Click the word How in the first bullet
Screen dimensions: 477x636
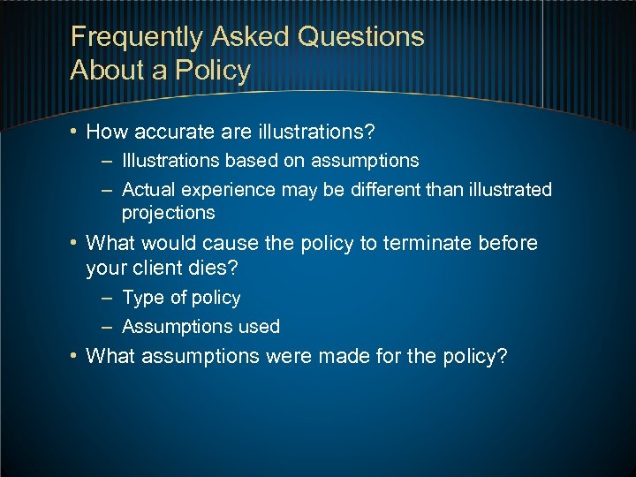[x=105, y=132]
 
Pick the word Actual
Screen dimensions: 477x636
[x=148, y=189]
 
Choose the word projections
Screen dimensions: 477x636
[x=168, y=213]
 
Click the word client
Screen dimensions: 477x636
[x=159, y=267]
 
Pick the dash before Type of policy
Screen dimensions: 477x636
[x=106, y=299]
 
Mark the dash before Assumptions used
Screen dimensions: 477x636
[x=106, y=327]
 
